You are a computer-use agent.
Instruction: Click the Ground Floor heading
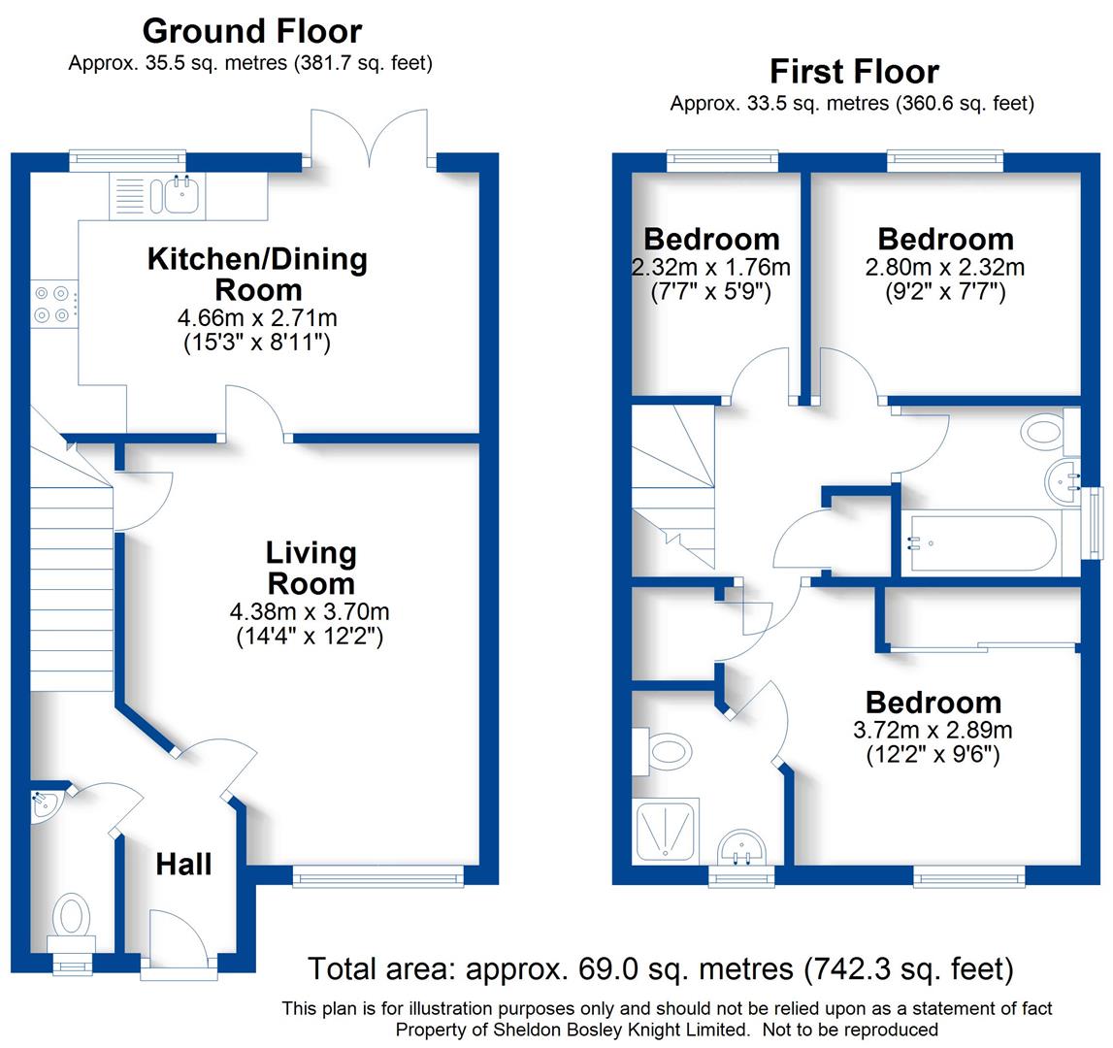click(252, 31)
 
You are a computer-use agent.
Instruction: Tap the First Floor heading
click(854, 72)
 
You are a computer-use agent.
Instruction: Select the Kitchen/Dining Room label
click(257, 274)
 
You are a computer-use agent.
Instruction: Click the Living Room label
click(311, 568)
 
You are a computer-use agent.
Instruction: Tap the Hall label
click(183, 864)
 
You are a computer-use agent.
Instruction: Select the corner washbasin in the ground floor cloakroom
click(43, 804)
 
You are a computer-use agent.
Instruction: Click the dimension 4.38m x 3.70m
click(310, 612)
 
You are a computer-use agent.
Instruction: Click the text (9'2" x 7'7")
click(945, 290)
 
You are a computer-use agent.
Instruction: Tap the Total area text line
click(660, 968)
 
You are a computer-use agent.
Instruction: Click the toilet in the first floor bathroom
click(1043, 429)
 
